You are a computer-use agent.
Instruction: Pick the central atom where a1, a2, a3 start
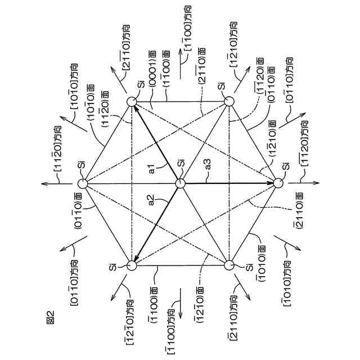180,184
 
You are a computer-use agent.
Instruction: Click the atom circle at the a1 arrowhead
132,102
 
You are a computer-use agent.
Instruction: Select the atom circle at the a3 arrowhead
278,183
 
